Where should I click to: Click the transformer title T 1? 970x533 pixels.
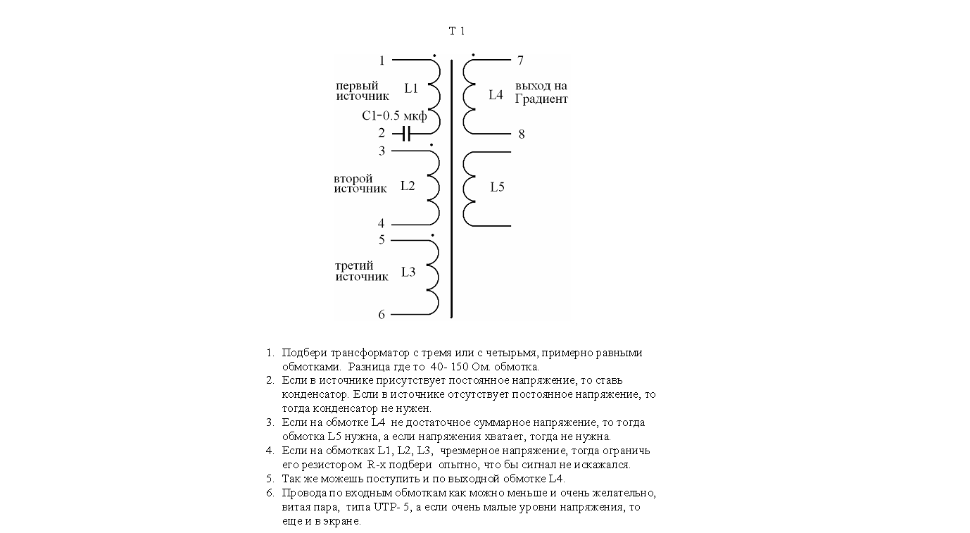(x=457, y=31)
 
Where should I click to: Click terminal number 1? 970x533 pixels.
(x=382, y=61)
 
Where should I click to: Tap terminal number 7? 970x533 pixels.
(x=520, y=61)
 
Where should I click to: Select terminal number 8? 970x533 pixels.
(x=521, y=134)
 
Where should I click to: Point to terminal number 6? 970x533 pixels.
(x=382, y=315)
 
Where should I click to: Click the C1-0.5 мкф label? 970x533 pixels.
(x=394, y=116)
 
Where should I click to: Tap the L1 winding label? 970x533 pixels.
(x=411, y=89)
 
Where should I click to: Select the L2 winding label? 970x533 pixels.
(x=408, y=187)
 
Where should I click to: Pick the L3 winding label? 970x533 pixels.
(x=408, y=272)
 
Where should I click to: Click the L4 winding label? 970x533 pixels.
(x=496, y=95)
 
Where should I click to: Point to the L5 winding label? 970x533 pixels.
(x=497, y=187)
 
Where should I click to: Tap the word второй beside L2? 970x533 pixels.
(x=353, y=179)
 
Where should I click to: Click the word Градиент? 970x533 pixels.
(x=541, y=99)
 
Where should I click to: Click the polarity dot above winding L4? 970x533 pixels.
(x=473, y=54)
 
